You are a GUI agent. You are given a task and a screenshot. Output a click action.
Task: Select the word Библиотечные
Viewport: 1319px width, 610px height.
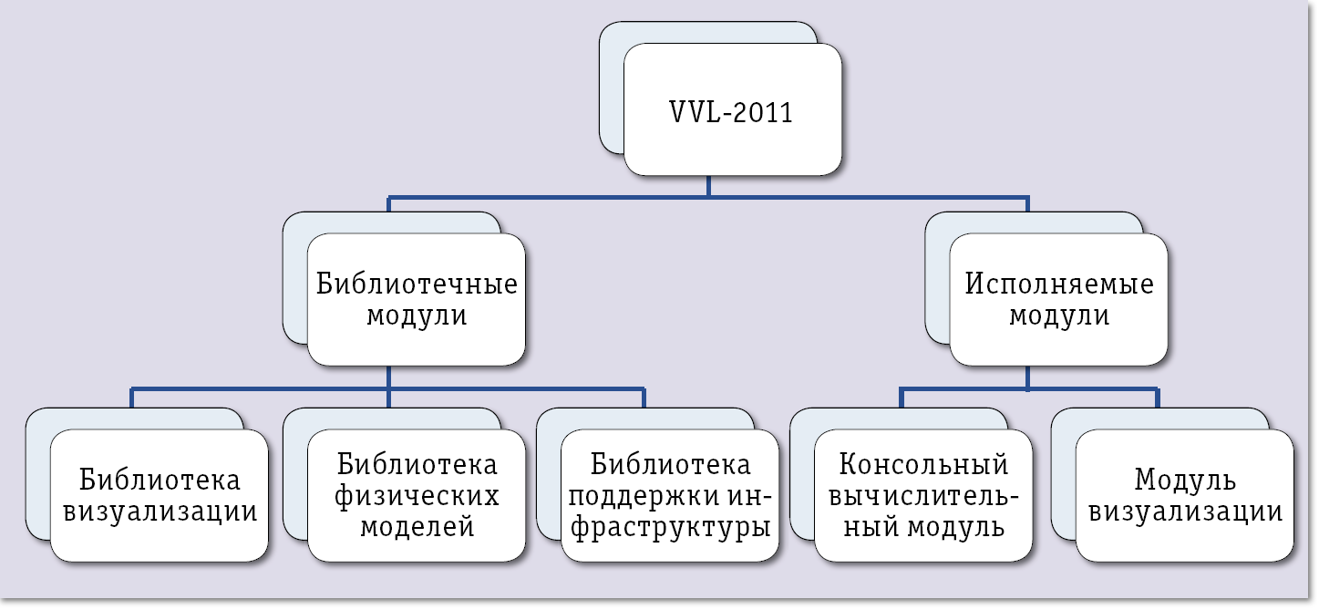click(417, 284)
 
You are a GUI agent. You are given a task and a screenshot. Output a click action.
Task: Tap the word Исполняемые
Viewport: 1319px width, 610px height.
click(1058, 284)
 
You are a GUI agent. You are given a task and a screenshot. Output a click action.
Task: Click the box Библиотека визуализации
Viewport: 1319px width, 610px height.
click(159, 495)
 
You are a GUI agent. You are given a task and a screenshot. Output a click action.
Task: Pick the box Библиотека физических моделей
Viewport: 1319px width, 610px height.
click(417, 495)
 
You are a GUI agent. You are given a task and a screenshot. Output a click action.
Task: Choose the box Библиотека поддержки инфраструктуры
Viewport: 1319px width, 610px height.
click(670, 495)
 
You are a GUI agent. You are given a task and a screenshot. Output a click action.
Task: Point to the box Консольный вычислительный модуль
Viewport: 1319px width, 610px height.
click(923, 495)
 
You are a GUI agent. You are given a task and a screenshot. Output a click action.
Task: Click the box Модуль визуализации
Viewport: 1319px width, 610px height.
click(1184, 495)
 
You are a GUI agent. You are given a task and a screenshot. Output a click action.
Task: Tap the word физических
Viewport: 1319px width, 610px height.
click(417, 496)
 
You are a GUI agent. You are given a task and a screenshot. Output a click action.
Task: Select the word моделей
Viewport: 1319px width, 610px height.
click(417, 527)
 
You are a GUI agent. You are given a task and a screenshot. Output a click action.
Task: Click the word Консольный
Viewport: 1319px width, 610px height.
click(923, 464)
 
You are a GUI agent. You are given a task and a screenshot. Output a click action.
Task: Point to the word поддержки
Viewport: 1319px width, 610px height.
click(637, 496)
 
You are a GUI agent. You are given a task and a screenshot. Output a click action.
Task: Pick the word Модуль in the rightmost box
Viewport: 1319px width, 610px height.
click(1185, 480)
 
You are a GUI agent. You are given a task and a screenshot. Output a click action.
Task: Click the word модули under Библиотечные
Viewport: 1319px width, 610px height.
click(417, 315)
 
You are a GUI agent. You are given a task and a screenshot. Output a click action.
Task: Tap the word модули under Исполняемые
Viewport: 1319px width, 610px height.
click(1058, 315)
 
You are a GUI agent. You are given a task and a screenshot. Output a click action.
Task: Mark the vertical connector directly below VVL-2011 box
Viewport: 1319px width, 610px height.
click(708, 186)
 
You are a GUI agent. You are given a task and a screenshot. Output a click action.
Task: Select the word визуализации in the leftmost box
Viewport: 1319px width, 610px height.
click(159, 511)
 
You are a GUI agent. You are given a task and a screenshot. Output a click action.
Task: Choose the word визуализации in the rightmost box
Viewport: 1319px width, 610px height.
click(1185, 511)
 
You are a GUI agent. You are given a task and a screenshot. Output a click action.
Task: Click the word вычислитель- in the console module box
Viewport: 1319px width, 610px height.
click(923, 496)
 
